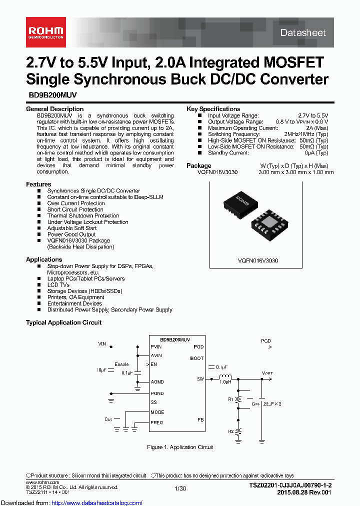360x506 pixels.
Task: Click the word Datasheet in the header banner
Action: [302, 32]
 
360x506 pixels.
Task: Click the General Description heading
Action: [55, 109]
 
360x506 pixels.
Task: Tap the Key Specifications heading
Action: [213, 109]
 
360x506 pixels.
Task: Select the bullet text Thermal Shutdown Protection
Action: [83, 216]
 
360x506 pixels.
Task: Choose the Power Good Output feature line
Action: [71, 234]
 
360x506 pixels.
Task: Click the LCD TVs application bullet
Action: [58, 285]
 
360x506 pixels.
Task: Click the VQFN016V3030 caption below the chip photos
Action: [258, 261]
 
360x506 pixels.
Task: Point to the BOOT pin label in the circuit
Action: [197, 358]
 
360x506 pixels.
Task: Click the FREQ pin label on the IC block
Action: [156, 422]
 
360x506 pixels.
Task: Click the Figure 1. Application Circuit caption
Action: [180, 447]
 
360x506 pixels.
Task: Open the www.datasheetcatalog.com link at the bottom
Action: [72, 502]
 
